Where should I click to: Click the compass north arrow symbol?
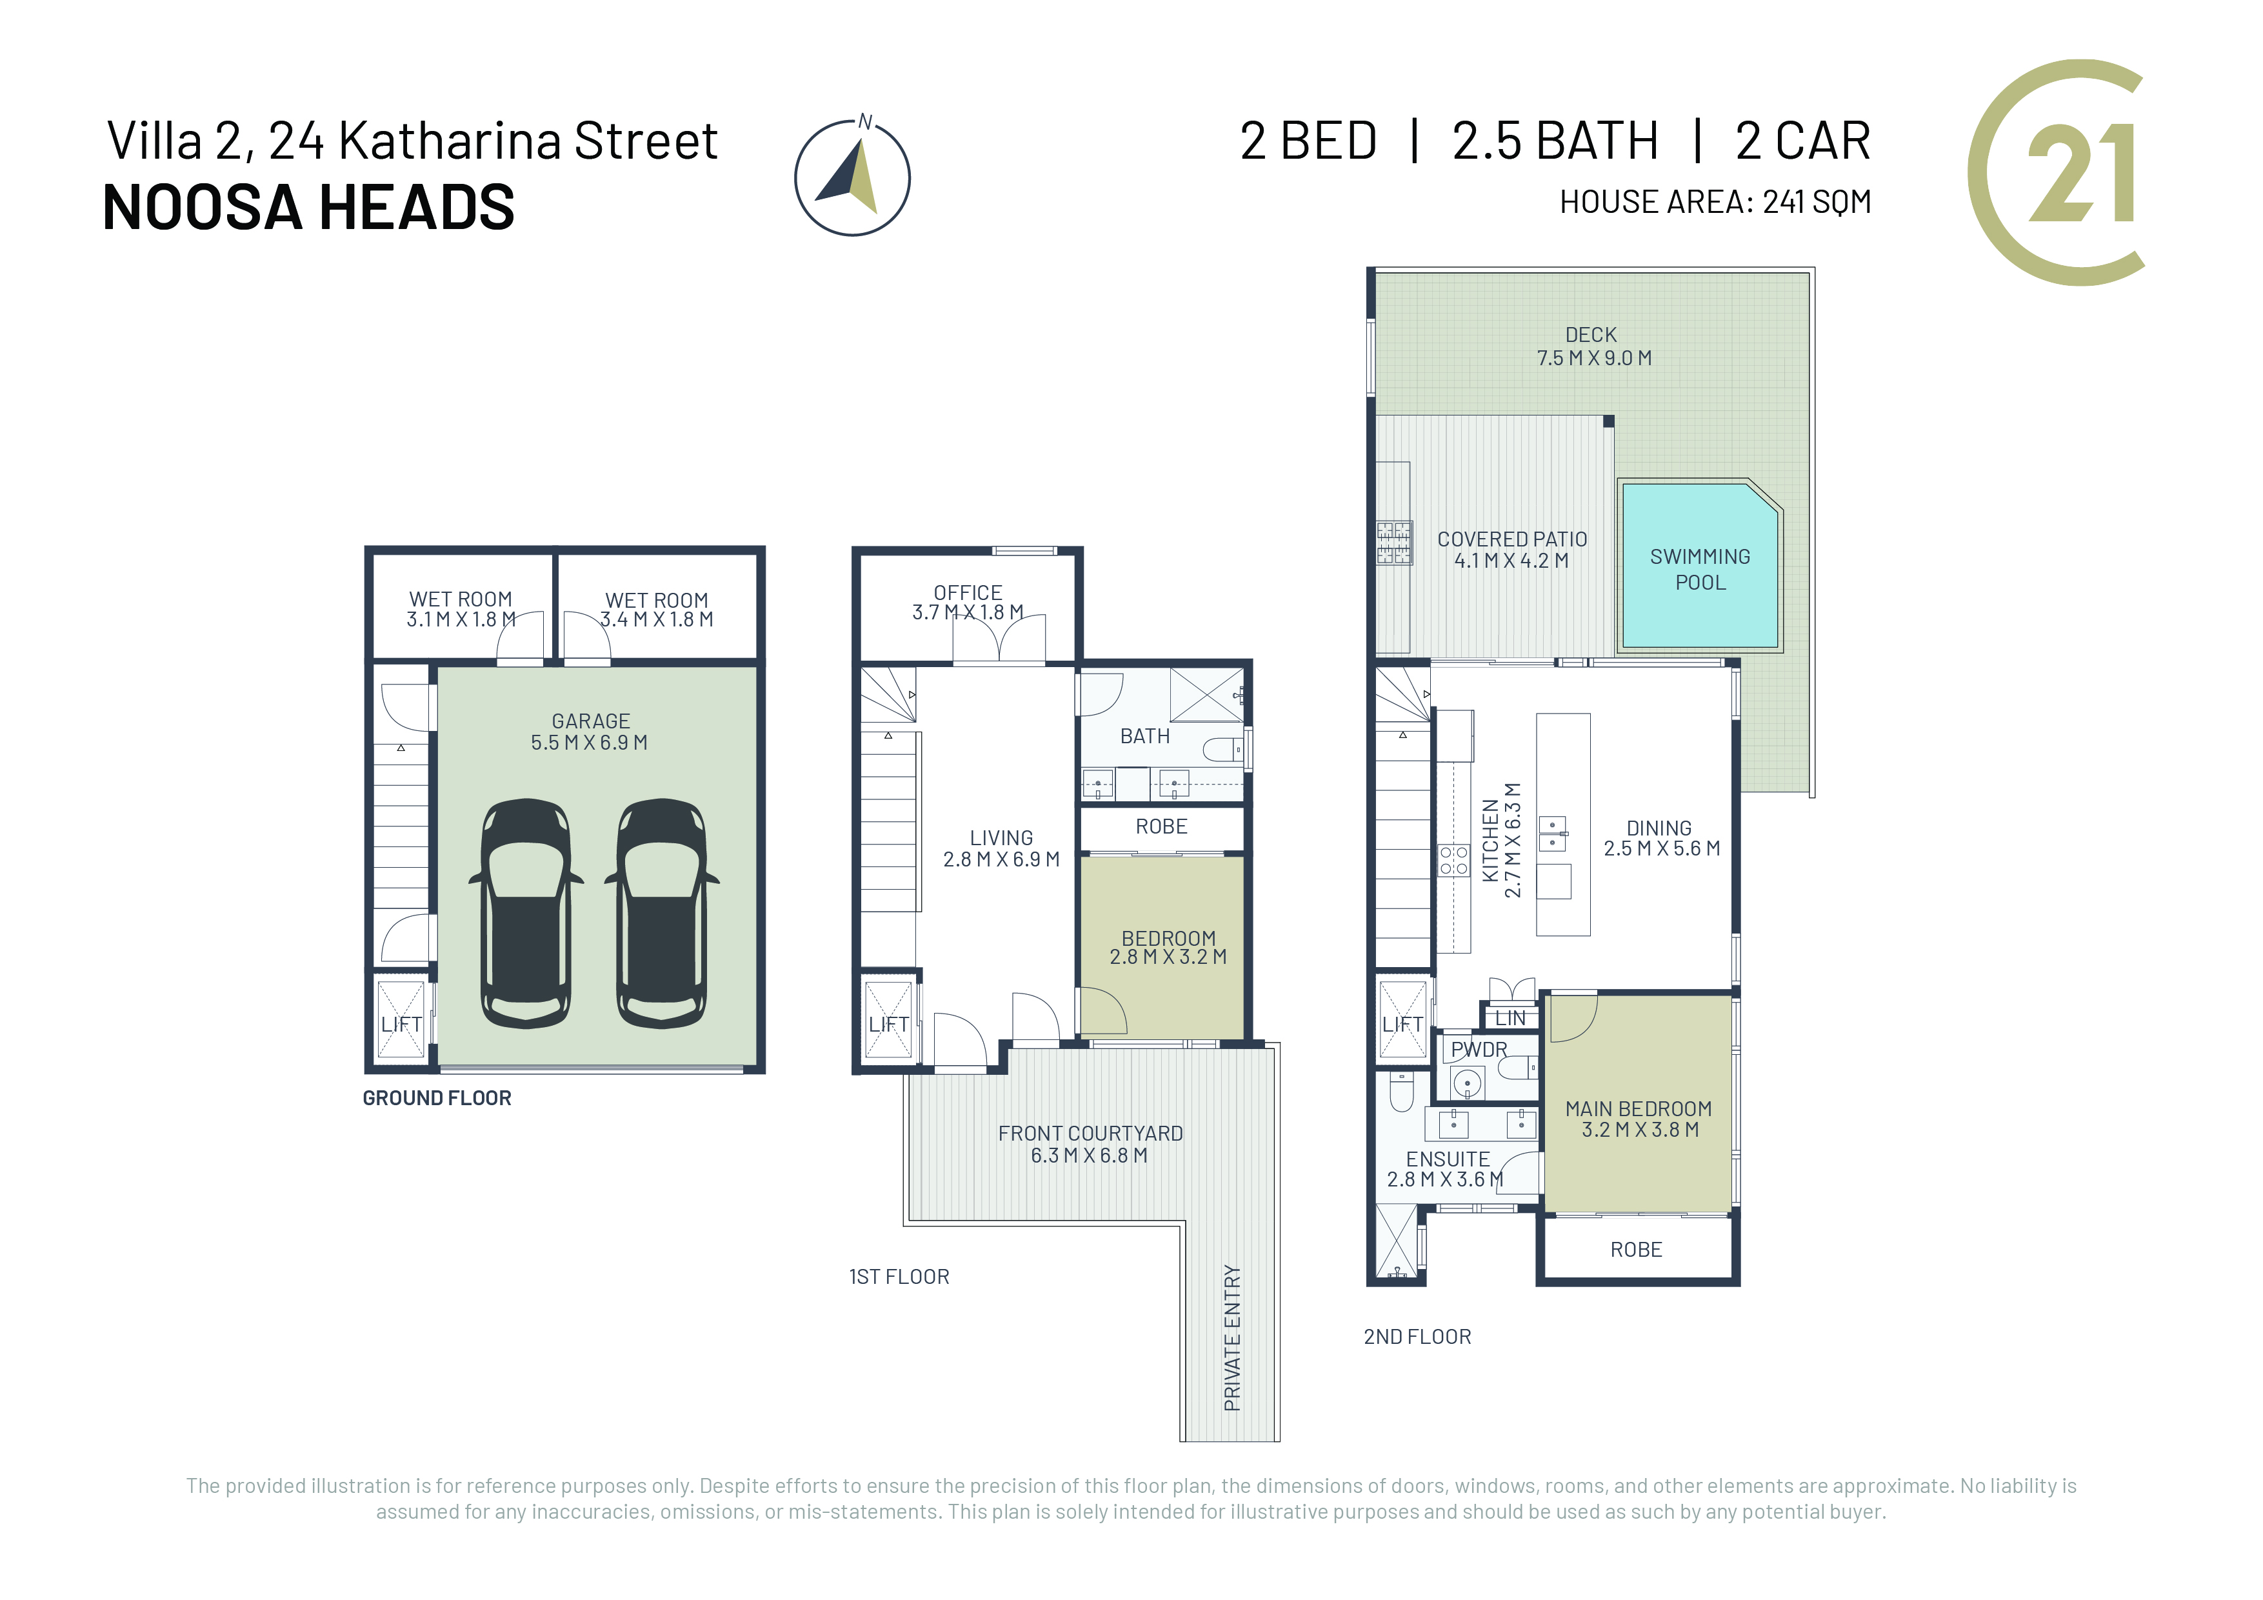click(x=853, y=177)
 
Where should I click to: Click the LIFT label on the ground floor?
click(x=401, y=1025)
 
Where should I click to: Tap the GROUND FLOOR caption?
click(x=437, y=1098)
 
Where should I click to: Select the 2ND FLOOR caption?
click(x=1417, y=1337)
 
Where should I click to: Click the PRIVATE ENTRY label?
click(x=1232, y=1338)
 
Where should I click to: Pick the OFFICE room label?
click(x=968, y=592)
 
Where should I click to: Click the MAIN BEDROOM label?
click(x=1638, y=1109)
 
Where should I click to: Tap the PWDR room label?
click(x=1479, y=1050)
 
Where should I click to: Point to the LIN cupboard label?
click(x=1510, y=1018)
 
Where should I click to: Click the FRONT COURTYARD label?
click(x=1090, y=1134)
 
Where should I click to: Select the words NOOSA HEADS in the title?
click(x=308, y=207)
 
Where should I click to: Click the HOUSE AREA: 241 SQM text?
click(x=1715, y=202)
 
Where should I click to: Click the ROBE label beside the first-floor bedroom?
click(x=1161, y=826)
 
